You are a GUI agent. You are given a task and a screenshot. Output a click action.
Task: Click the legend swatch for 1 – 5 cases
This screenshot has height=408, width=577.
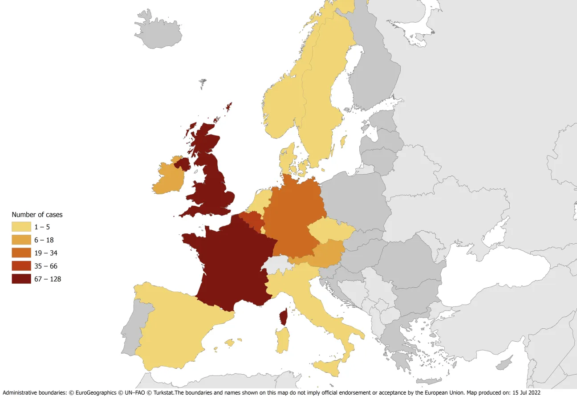21,227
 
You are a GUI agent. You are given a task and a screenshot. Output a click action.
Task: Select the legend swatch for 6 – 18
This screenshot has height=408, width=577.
21,240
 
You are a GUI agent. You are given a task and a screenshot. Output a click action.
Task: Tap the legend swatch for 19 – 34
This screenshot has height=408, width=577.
21,253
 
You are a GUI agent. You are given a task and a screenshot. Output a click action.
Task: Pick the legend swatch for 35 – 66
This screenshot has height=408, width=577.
21,266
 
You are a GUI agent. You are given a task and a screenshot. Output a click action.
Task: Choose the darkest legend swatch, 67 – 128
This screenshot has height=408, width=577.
21,279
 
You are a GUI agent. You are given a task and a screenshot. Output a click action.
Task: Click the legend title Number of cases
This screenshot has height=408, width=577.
37,215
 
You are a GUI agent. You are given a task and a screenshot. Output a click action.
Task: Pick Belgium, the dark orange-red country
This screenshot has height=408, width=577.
250,219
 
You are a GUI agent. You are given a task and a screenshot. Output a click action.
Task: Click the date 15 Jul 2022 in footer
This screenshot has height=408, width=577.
525,393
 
